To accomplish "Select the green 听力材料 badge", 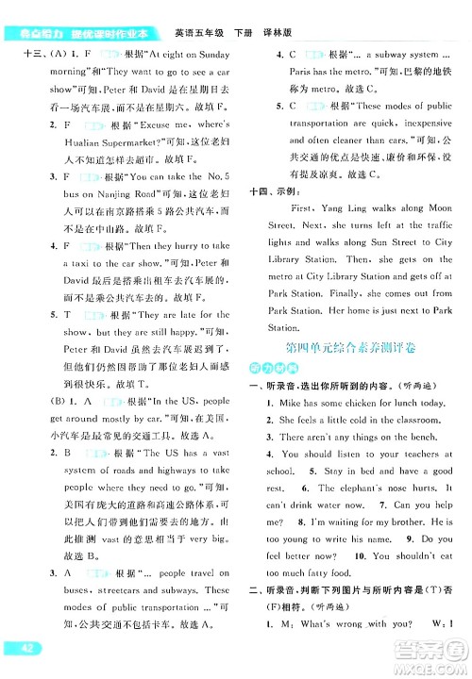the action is [267, 369].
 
